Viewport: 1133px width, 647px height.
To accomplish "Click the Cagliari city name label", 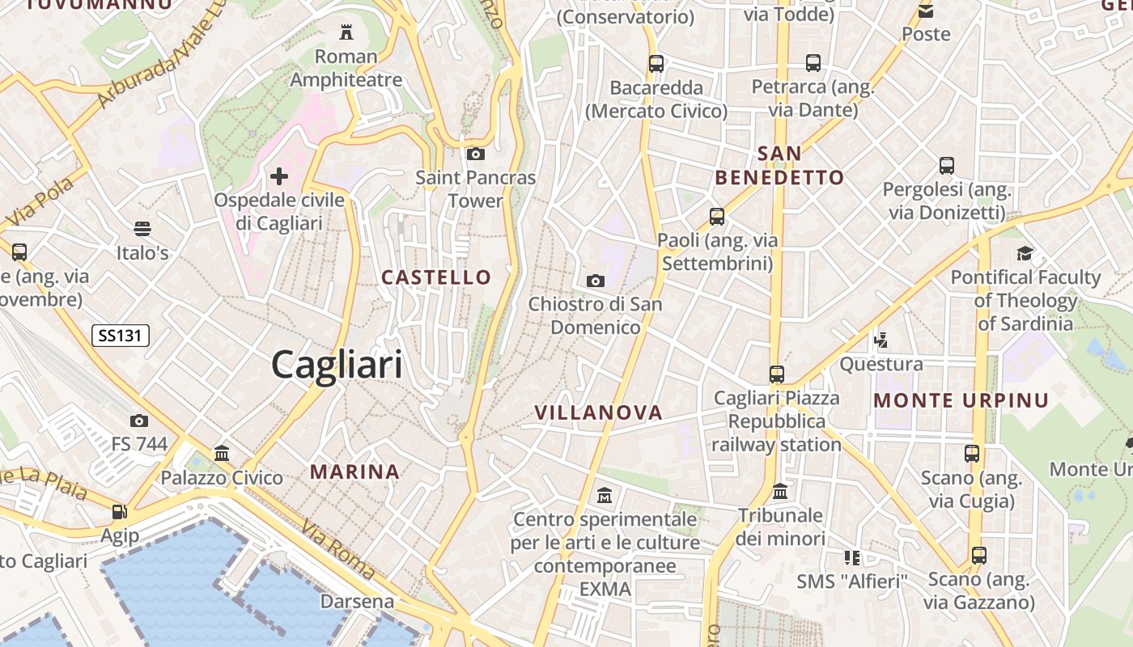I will (337, 364).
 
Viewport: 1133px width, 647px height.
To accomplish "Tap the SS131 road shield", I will (121, 336).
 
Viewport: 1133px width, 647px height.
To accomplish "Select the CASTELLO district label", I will (436, 277).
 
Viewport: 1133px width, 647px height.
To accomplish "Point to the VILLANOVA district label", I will (598, 412).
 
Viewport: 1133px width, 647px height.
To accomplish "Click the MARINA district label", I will (355, 472).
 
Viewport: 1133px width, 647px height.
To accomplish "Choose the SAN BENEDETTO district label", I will (779, 165).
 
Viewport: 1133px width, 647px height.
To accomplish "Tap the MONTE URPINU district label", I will (961, 400).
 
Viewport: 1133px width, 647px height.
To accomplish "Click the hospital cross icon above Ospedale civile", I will (279, 175).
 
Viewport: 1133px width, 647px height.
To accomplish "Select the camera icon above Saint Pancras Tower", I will (476, 154).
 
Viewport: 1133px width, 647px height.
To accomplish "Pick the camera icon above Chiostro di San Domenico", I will (596, 281).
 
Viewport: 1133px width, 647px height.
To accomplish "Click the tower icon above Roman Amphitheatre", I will (346, 32).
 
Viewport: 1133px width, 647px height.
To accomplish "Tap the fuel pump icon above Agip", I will (120, 511).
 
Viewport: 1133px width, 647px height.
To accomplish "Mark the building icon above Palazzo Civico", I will (222, 453).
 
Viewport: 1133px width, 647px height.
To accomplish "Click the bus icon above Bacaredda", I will (656, 63).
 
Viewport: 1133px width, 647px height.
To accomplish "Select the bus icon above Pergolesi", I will (947, 166).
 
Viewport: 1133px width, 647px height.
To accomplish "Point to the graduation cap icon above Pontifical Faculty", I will (1025, 253).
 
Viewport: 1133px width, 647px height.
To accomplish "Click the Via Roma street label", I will (338, 550).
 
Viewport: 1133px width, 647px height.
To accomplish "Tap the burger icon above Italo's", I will (142, 229).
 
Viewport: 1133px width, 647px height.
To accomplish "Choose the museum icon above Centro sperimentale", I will (605, 494).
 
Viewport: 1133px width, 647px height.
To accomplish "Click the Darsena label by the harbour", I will (357, 602).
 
